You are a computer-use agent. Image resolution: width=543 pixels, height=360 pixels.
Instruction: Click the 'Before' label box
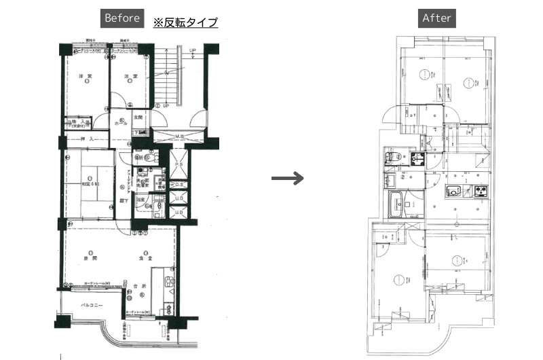click(122, 18)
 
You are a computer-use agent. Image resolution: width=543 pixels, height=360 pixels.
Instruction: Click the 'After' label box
click(436, 18)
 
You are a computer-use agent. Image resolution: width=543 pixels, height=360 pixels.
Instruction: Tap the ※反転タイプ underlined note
click(185, 22)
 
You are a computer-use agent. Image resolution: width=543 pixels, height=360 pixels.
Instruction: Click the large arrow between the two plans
click(286, 179)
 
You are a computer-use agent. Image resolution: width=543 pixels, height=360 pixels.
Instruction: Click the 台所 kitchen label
click(139, 286)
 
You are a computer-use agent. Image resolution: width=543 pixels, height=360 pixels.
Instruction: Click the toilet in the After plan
click(392, 159)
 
